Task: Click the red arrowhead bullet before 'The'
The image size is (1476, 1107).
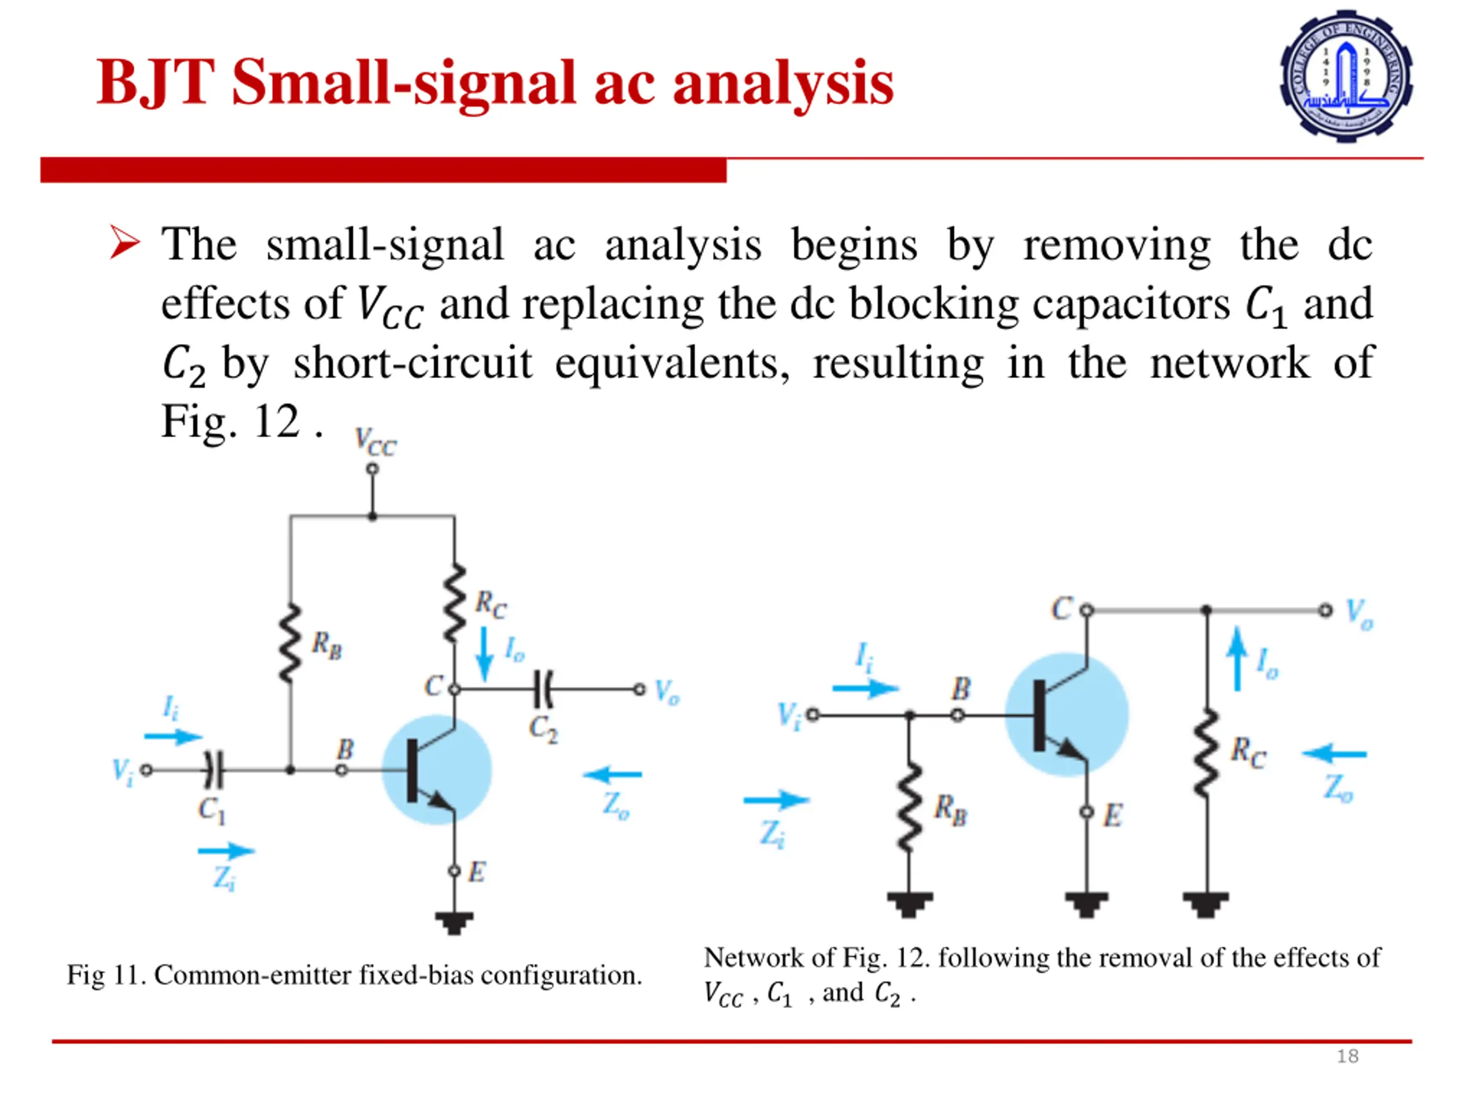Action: pyautogui.click(x=125, y=242)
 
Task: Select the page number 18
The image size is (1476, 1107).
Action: pyautogui.click(x=1347, y=1056)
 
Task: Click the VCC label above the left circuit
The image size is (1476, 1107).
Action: pyautogui.click(x=375, y=442)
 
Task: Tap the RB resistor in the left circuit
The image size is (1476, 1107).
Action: pyautogui.click(x=290, y=644)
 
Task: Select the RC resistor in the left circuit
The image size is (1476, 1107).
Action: pyautogui.click(x=454, y=603)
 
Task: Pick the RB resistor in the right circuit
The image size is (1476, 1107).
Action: pyautogui.click(x=908, y=807)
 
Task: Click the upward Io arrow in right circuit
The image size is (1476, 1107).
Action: pyautogui.click(x=1237, y=658)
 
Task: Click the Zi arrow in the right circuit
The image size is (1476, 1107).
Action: pyautogui.click(x=776, y=799)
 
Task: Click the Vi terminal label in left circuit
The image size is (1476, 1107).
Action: pyautogui.click(x=123, y=771)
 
